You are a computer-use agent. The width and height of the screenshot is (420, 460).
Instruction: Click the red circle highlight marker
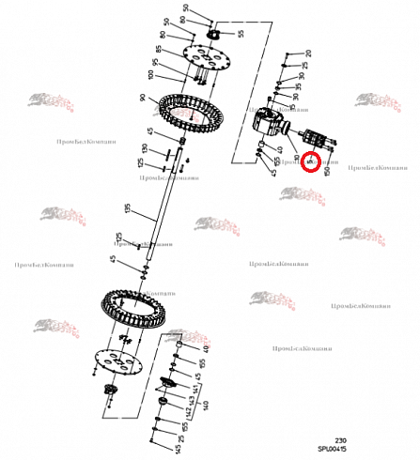(310, 162)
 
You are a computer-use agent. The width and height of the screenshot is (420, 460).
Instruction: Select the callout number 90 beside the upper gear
(142, 98)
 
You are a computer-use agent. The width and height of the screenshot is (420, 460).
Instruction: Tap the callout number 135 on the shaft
(127, 207)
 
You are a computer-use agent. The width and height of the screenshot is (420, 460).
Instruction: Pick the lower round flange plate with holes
(121, 361)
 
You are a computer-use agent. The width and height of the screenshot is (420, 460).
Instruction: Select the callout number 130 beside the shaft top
(144, 149)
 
